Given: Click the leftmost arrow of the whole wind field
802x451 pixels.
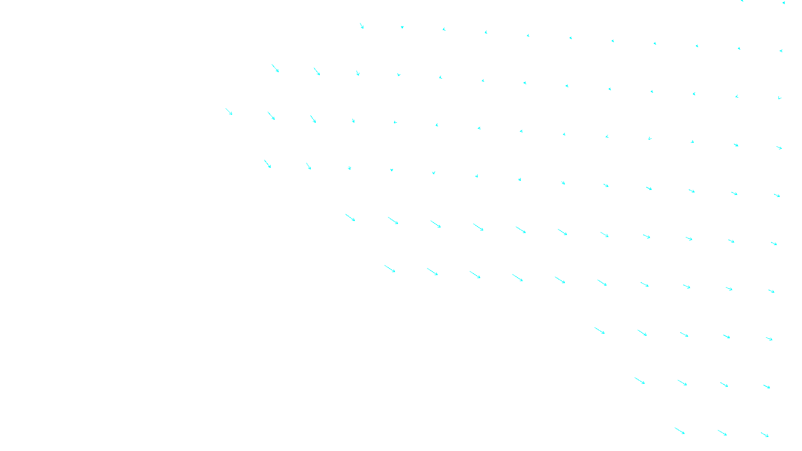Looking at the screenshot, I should coord(229,111).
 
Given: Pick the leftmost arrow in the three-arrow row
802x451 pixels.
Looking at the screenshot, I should coord(680,431).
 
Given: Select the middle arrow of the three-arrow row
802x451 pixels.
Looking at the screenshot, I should coord(722,433).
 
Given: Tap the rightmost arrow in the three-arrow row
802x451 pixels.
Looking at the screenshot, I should coord(765,435).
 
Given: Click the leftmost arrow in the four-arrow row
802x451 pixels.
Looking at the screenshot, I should coord(640,381).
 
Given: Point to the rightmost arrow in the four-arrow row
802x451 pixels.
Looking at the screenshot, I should coord(767,386).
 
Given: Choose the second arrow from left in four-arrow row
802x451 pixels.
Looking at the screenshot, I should coord(682,383).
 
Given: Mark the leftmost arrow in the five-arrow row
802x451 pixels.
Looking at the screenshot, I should coord(599,331).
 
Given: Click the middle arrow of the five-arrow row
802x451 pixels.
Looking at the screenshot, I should coord(684,334).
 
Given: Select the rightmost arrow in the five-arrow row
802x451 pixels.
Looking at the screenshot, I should coord(769,339).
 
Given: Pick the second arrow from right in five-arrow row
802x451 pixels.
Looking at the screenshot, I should coord(727,336).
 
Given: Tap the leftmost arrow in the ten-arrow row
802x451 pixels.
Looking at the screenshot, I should coord(390,269).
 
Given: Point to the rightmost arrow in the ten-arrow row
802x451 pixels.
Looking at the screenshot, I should coord(771,291).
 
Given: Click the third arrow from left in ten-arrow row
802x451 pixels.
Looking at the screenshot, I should coord(475,275).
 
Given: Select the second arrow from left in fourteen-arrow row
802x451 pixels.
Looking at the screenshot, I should coord(271,116).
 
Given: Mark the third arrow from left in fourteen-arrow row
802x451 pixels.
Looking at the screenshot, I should coord(313,119).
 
